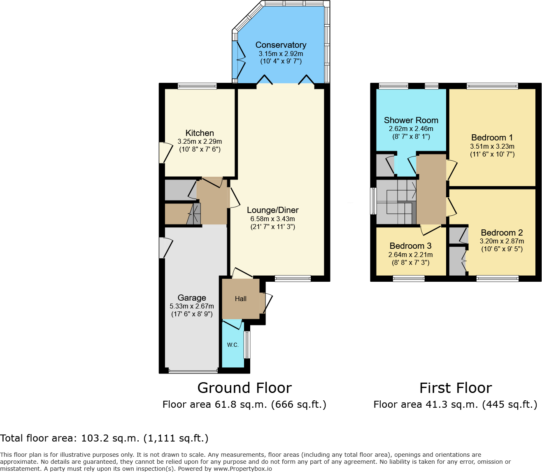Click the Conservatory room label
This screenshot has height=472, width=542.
click(x=281, y=45)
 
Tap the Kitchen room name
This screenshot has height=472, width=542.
click(x=200, y=133)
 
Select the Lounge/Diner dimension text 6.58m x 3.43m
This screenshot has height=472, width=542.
click(x=272, y=219)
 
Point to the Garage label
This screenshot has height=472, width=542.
click(x=192, y=298)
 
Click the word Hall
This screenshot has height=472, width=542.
click(x=241, y=299)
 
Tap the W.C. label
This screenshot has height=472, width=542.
click(x=233, y=345)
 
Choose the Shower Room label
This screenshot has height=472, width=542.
click(x=411, y=120)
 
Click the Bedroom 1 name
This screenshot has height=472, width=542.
click(x=492, y=138)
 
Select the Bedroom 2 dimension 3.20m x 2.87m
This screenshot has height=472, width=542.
click(x=502, y=241)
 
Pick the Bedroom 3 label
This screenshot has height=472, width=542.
click(x=410, y=246)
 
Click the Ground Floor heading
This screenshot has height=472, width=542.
click(x=244, y=388)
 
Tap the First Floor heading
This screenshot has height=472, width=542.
click(x=455, y=388)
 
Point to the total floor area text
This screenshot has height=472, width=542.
click(x=104, y=438)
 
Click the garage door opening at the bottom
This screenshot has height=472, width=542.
click(x=193, y=371)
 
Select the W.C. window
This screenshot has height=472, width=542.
click(x=247, y=345)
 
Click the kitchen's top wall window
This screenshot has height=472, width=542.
click(x=197, y=86)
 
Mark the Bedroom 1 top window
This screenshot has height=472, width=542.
click(x=492, y=86)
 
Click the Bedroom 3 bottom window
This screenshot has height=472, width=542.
click(x=408, y=279)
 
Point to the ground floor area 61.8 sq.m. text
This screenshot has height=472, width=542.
click(x=244, y=404)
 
